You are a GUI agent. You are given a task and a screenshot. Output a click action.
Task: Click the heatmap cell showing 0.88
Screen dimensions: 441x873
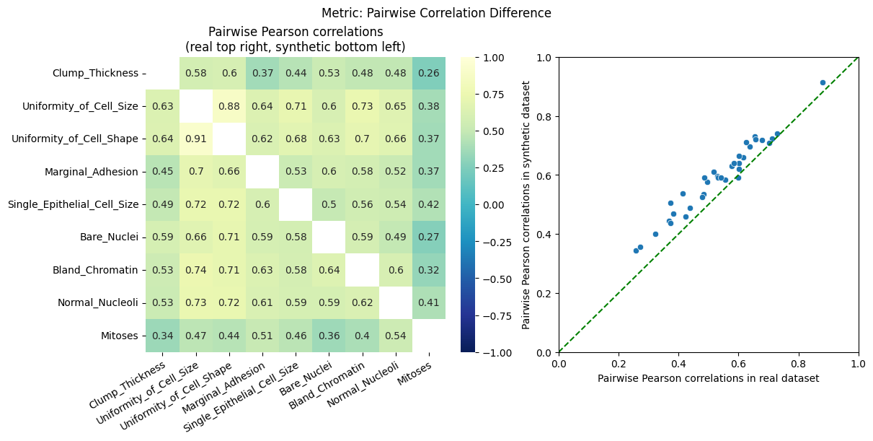pyautogui.click(x=229, y=106)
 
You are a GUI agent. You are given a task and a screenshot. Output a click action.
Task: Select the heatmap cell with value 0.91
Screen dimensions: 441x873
pyautogui.click(x=196, y=139)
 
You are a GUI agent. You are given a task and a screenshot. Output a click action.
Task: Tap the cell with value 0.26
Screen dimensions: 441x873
pyautogui.click(x=429, y=73)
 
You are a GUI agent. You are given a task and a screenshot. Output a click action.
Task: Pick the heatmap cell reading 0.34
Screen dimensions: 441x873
pyautogui.click(x=162, y=336)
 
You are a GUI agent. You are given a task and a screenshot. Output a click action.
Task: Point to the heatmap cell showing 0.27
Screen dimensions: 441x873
pyautogui.click(x=429, y=237)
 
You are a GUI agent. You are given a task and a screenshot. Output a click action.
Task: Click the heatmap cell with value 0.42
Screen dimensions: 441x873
pyautogui.click(x=429, y=204)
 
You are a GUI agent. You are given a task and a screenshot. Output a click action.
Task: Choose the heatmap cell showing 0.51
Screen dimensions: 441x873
pyautogui.click(x=262, y=336)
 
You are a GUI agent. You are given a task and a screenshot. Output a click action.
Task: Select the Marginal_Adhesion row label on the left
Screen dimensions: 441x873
pyautogui.click(x=95, y=172)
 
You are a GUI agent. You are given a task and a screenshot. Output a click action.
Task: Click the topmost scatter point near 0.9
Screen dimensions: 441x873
pyautogui.click(x=823, y=82)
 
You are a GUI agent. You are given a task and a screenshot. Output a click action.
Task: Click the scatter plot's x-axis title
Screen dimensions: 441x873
pyautogui.click(x=708, y=378)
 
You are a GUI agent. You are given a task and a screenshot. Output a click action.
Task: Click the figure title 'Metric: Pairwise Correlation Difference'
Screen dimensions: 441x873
pyautogui.click(x=436, y=13)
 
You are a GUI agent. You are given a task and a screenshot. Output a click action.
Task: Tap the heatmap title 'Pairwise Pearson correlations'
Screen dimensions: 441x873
pyautogui.click(x=296, y=32)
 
